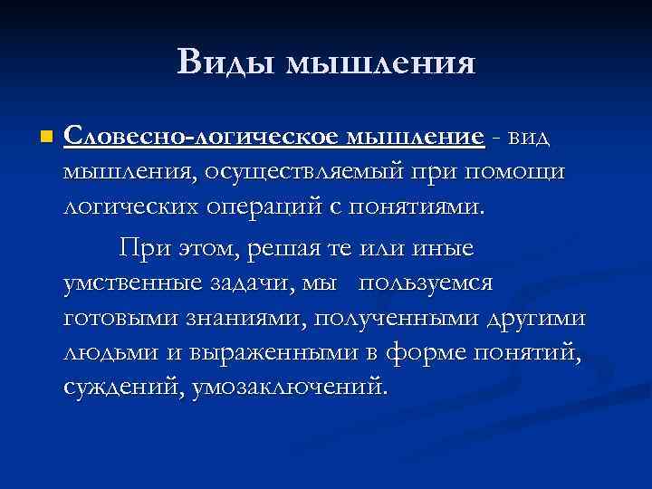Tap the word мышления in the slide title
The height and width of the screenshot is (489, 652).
click(380, 62)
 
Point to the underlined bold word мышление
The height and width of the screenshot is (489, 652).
click(413, 137)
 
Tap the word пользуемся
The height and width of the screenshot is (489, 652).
click(426, 283)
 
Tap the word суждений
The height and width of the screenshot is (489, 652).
click(121, 388)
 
